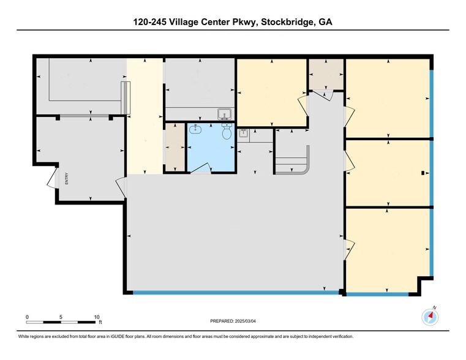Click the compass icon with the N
coord(430,317)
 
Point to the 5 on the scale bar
coord(61,317)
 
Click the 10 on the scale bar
coord(96,317)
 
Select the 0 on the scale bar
coord(27,317)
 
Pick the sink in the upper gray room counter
coord(224,113)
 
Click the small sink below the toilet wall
coord(242,133)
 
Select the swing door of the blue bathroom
coord(200,168)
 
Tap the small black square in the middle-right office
coord(423,173)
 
